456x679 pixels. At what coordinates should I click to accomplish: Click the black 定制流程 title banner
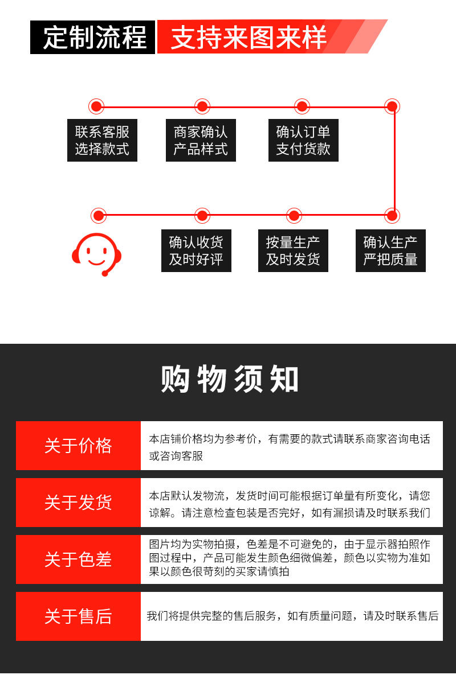pyautogui.click(x=93, y=38)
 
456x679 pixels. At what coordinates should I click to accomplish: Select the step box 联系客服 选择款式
pyautogui.click(x=102, y=140)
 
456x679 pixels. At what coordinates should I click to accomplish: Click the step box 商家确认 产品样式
pyautogui.click(x=201, y=140)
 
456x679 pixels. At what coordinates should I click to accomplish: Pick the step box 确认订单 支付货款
pyautogui.click(x=303, y=140)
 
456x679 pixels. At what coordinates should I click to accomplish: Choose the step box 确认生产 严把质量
pyautogui.click(x=390, y=250)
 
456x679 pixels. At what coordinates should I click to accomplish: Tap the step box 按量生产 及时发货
pyautogui.click(x=293, y=250)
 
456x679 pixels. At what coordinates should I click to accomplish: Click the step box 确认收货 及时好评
pyautogui.click(x=196, y=250)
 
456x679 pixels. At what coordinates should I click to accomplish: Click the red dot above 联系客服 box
pyautogui.click(x=96, y=106)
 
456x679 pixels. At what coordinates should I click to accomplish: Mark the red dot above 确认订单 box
pyautogui.click(x=302, y=106)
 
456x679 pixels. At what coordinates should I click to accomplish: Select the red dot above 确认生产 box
pyautogui.click(x=392, y=216)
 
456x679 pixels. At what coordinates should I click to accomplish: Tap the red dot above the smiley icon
pyautogui.click(x=99, y=216)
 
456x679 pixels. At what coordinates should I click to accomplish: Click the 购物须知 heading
pyautogui.click(x=229, y=379)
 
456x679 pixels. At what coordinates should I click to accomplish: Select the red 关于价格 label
pyautogui.click(x=78, y=446)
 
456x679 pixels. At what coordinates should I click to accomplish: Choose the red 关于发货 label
pyautogui.click(x=78, y=503)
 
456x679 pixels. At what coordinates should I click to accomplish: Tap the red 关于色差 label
pyautogui.click(x=78, y=559)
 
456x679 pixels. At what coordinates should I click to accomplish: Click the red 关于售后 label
pyautogui.click(x=78, y=616)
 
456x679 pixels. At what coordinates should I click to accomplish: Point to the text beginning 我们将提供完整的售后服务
pyautogui.click(x=292, y=616)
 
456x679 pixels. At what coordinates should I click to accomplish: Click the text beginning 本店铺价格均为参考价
pyautogui.click(x=290, y=439)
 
